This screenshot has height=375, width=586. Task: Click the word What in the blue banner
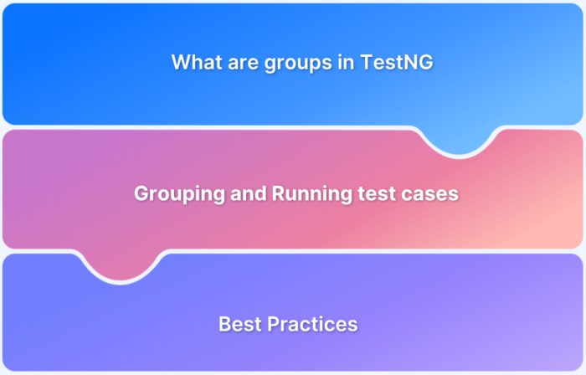[x=196, y=62]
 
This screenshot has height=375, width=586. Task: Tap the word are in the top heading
[x=243, y=62]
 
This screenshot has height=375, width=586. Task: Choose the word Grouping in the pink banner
[x=172, y=193]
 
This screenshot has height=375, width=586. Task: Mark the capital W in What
[x=181, y=62]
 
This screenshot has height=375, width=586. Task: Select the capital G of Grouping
[x=141, y=193]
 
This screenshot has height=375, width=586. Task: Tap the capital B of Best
[x=224, y=324]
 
